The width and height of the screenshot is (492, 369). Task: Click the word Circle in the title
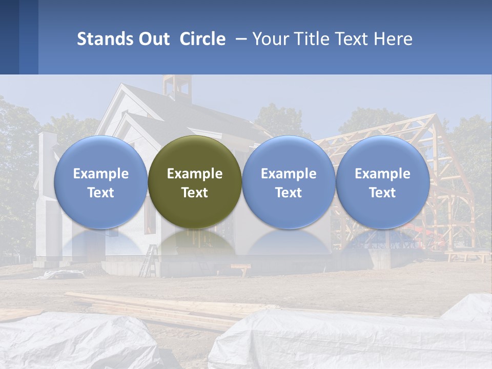coord(202,39)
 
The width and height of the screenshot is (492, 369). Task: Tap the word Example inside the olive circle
coord(195,174)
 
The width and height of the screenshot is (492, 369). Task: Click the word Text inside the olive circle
coord(195,193)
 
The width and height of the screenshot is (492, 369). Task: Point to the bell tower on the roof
coord(176,87)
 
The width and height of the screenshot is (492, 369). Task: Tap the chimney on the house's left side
coord(47,154)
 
